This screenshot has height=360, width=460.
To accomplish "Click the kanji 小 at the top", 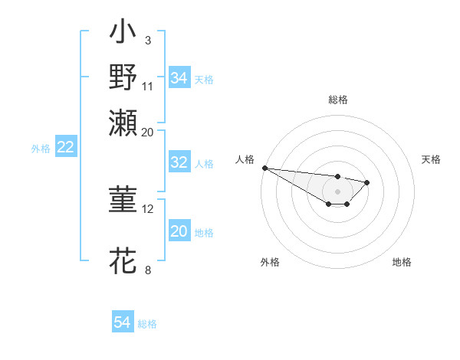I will pos(123,34).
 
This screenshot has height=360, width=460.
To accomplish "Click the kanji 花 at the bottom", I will pos(123,260).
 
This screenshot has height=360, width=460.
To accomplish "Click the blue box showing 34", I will pos(179,78).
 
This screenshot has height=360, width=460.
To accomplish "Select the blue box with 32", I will pos(179,162).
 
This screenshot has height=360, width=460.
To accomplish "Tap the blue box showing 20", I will pos(179,231).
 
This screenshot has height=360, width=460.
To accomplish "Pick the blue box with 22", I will pos(66,148).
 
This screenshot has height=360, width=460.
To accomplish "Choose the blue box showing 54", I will pos(123,322).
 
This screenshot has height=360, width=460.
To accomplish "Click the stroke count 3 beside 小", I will pos(148,39).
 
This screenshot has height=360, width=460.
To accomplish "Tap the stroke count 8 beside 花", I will pos(148,269).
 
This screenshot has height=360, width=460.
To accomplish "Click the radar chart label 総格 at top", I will pos(337,100).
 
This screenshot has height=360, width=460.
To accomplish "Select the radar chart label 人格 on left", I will pos(245,159).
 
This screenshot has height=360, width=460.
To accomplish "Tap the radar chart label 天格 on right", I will pos(431,159).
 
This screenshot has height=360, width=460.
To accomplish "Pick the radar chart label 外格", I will pos(270,262).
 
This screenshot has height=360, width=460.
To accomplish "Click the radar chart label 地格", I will pos(402,262).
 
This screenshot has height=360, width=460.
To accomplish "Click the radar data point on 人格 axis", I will pos(264,168).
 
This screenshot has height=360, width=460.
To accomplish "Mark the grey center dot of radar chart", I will pos(337,191).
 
